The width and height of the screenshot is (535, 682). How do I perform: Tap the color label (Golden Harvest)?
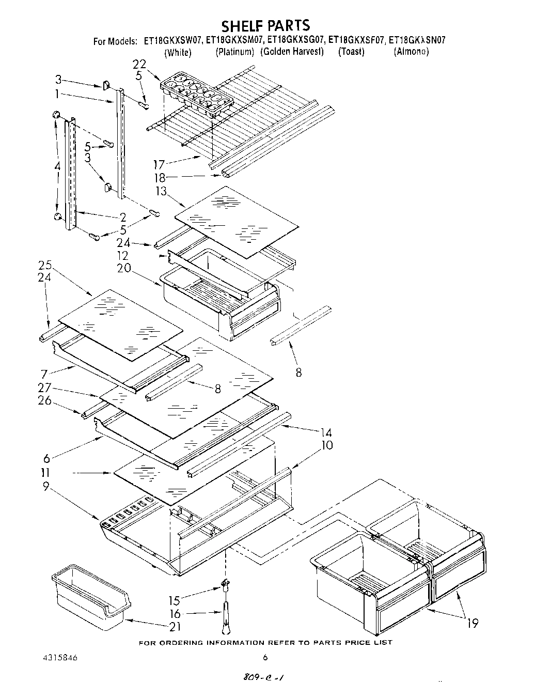pos(292,52)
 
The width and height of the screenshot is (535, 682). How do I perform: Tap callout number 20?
pos(123,268)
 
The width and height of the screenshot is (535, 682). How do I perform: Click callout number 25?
pos(45,265)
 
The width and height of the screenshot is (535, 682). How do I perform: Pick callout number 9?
pos(46,486)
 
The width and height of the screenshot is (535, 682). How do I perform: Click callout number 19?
pos(471,624)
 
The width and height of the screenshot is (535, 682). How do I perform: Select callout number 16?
pos(176,613)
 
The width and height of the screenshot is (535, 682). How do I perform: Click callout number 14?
pos(325,432)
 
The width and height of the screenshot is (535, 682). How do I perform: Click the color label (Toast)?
pos(351,52)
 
